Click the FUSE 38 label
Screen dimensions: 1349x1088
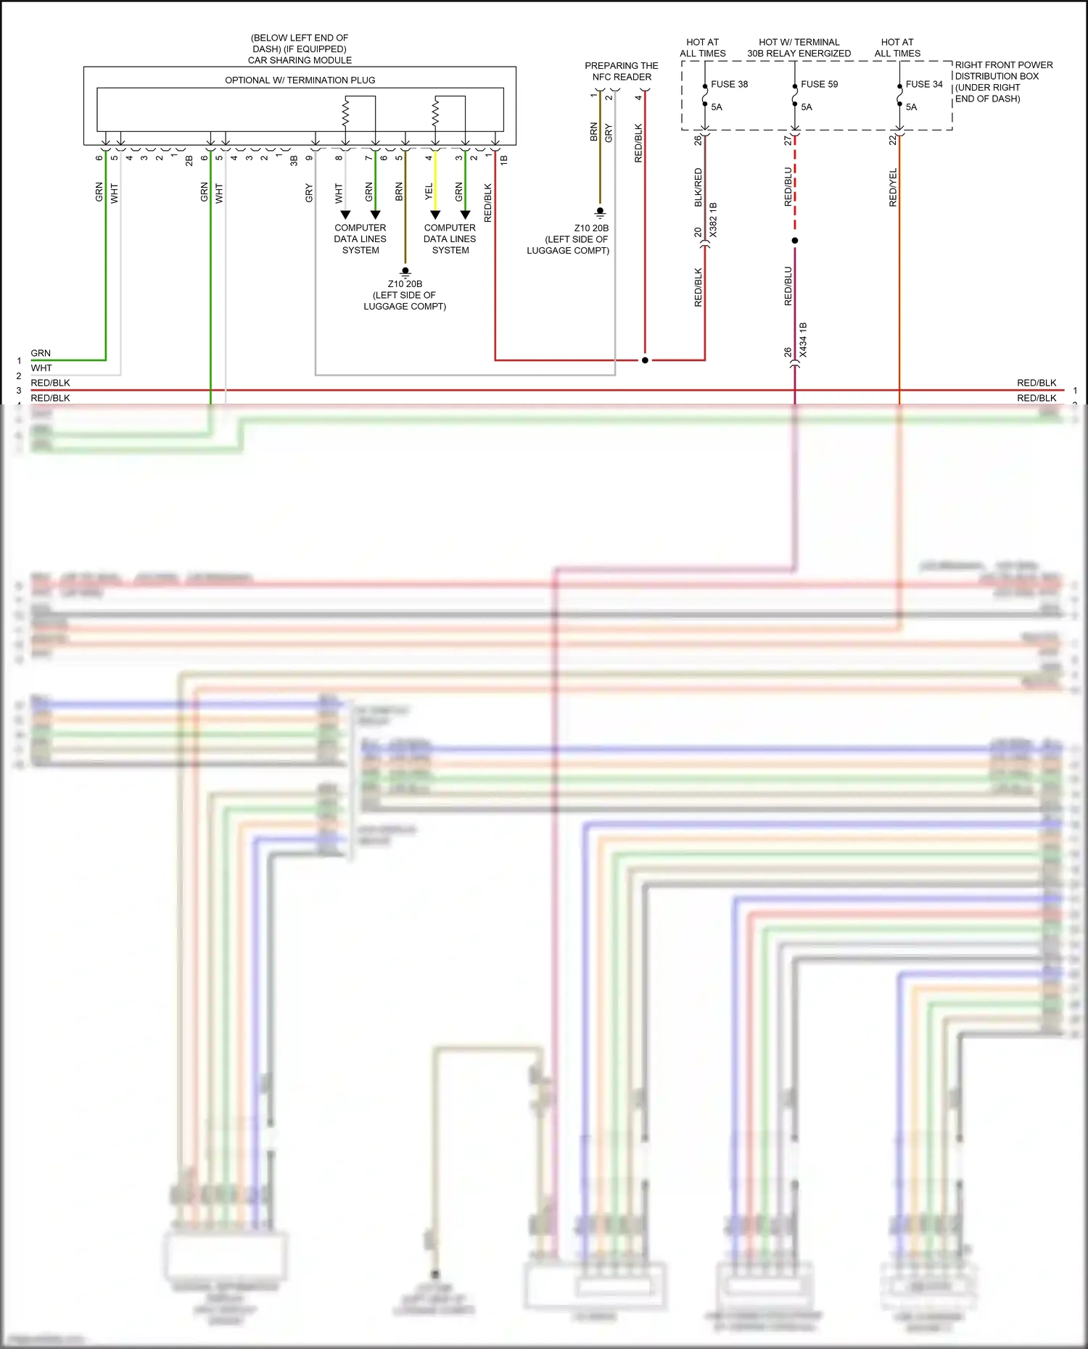point(729,84)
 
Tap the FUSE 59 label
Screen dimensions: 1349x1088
point(819,84)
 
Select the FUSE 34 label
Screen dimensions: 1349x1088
point(923,84)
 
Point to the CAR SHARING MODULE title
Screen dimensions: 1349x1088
point(300,60)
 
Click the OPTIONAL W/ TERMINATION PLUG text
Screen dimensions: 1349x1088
point(300,80)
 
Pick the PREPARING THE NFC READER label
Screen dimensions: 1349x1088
point(622,71)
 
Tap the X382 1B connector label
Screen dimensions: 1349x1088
point(713,220)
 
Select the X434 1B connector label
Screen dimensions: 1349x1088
point(803,340)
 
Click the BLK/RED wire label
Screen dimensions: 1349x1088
point(698,187)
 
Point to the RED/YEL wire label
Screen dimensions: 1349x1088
point(893,188)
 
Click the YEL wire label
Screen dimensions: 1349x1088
point(429,191)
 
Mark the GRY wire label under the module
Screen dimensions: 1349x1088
point(309,193)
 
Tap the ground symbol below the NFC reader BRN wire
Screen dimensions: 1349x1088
point(600,213)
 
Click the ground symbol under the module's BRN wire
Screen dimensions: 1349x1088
point(405,271)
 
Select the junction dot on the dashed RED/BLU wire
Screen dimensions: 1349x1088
point(795,241)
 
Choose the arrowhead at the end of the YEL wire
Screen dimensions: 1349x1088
point(435,215)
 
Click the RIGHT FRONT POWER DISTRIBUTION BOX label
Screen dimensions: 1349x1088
point(1003,81)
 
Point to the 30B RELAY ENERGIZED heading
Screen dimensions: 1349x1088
point(799,53)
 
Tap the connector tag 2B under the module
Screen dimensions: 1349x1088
point(189,160)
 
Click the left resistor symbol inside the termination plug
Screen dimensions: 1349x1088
point(345,112)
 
